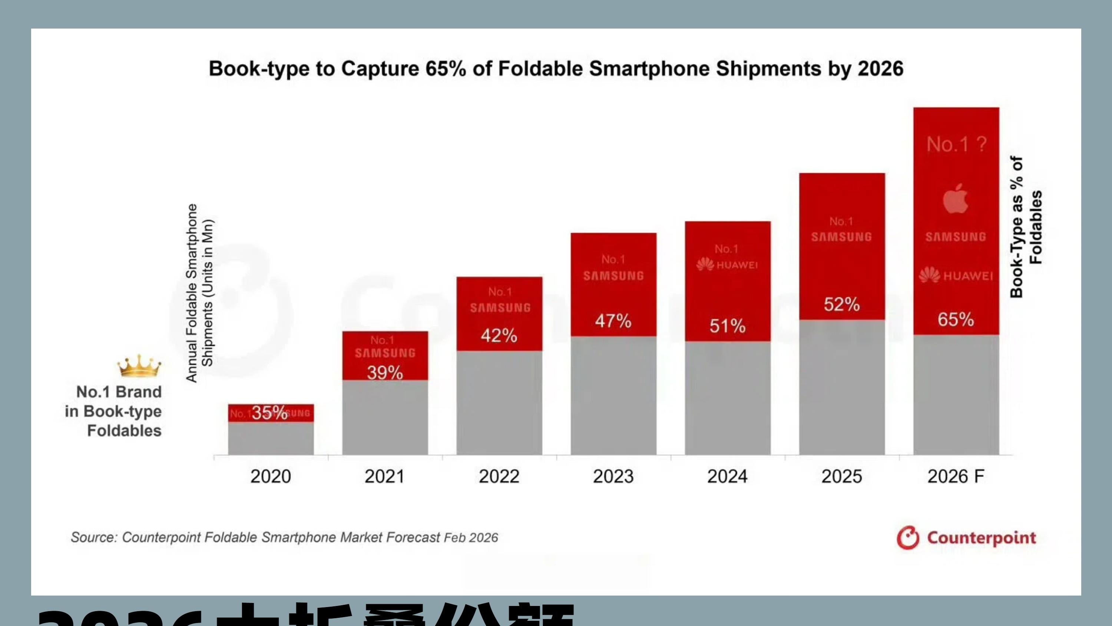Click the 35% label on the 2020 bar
[x=269, y=413]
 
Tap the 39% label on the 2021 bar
[x=385, y=373]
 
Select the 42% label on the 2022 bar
[x=499, y=336]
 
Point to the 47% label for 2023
[x=613, y=321]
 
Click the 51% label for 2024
[x=727, y=326]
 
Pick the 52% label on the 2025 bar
[x=841, y=305]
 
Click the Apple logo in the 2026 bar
[x=955, y=199]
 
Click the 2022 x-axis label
[x=499, y=476]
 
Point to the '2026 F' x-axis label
[x=956, y=476]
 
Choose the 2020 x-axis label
[x=271, y=476]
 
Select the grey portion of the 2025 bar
[x=842, y=387]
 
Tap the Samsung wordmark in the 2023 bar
[x=613, y=276]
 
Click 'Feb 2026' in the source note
[x=471, y=538]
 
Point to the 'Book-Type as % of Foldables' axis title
[x=1026, y=227]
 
